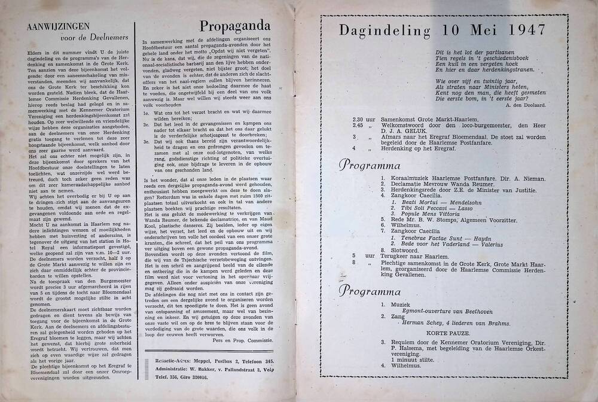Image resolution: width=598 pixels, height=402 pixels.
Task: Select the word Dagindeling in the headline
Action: coord(383,30)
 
